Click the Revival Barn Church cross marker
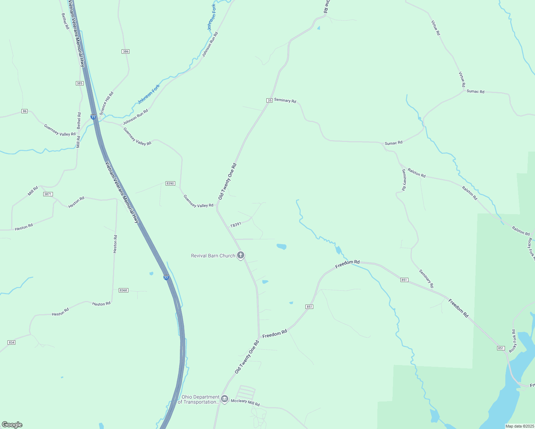click(241, 255)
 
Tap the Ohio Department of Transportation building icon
click(225, 399)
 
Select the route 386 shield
click(125, 51)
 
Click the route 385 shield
click(79, 83)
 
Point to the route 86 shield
click(24, 111)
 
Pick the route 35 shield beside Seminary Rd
click(269, 100)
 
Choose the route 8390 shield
click(170, 183)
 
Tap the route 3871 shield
click(48, 194)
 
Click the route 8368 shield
click(123, 290)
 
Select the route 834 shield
click(11, 342)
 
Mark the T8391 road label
click(236, 225)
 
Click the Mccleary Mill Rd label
click(245, 403)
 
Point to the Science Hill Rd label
click(107, 103)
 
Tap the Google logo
click(12, 425)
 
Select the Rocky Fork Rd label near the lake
click(513, 341)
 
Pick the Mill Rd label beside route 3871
click(33, 191)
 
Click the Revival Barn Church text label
click(213, 256)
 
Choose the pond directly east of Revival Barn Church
click(281, 246)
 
